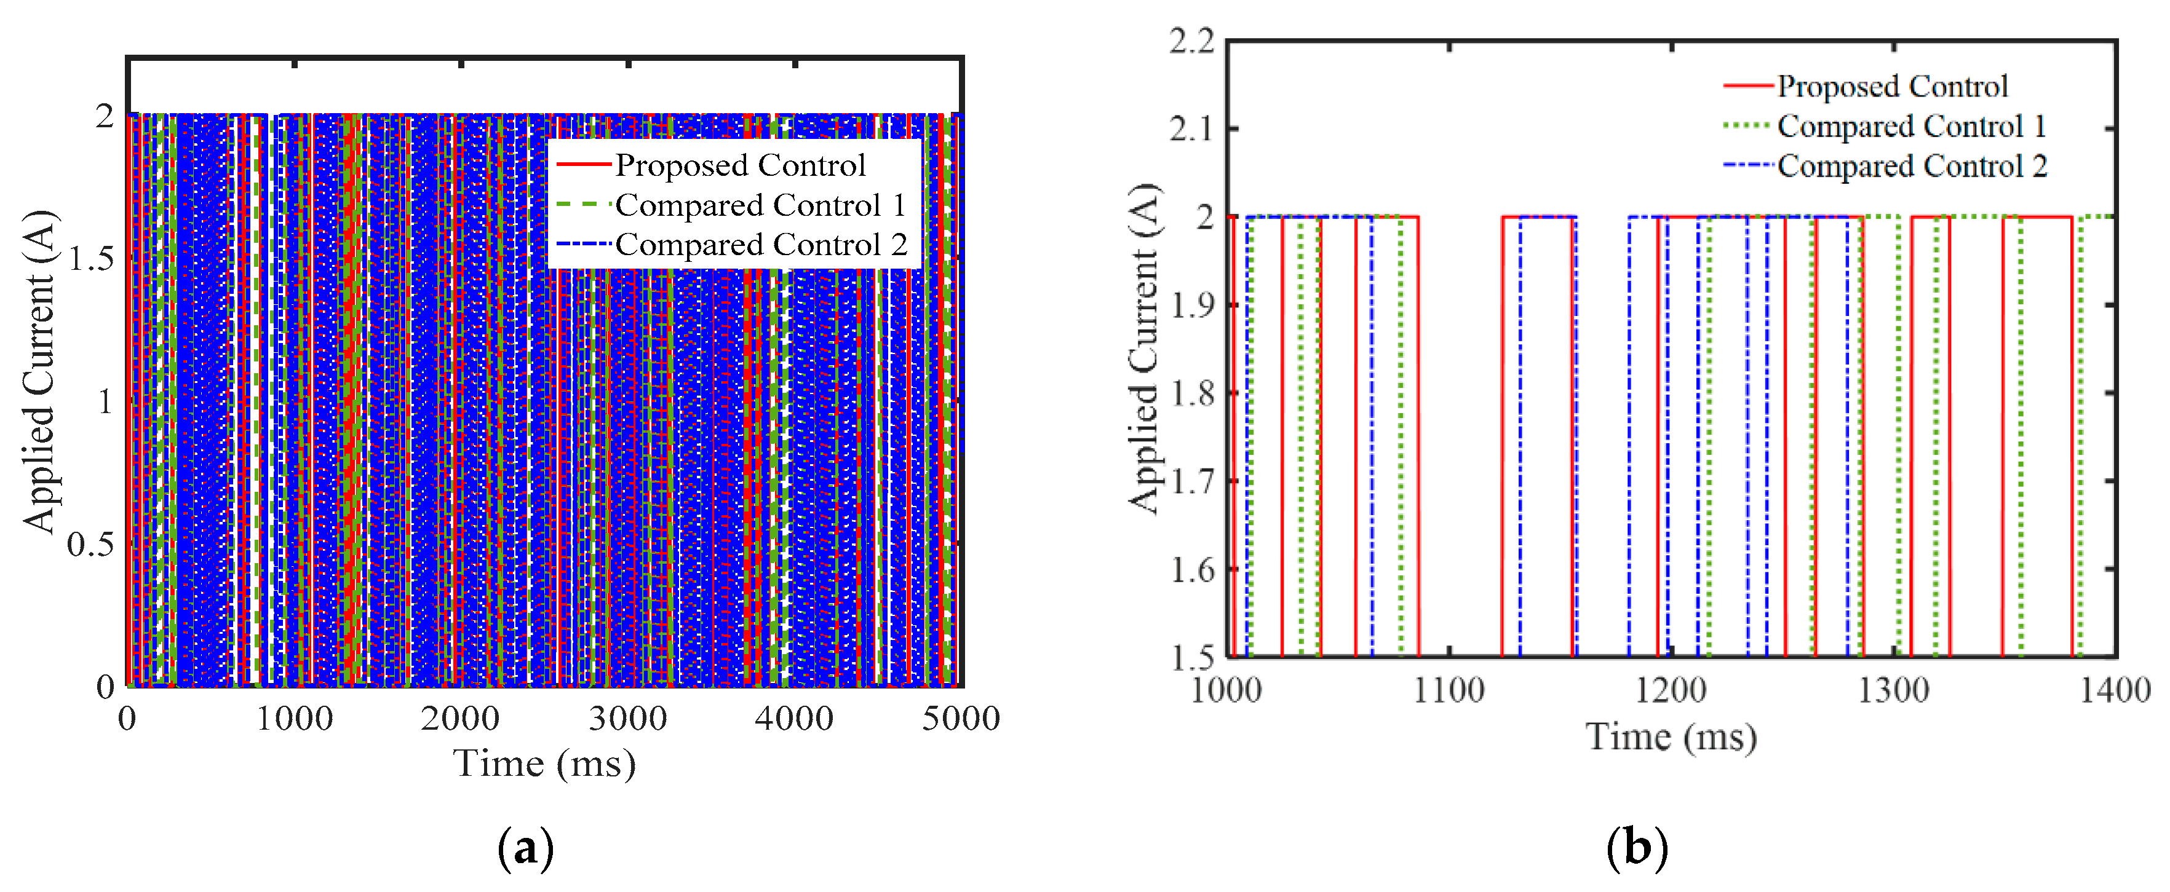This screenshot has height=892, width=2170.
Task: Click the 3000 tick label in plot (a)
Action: point(627,719)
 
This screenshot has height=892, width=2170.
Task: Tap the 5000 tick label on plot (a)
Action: point(960,719)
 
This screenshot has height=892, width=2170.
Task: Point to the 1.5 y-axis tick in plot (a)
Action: point(91,259)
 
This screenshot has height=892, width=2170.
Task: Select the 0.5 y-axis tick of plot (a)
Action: point(91,544)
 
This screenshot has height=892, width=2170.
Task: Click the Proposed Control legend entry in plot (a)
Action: point(739,165)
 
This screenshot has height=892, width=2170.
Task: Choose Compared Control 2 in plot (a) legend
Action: point(761,244)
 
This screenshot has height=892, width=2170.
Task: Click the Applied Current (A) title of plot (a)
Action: point(39,371)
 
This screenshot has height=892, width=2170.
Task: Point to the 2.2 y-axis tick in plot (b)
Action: point(1192,41)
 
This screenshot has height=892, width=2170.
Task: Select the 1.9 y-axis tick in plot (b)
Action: point(1192,305)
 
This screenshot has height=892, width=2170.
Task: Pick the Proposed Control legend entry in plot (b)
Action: point(1892,86)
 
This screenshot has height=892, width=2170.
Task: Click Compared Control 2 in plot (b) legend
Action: point(1912,166)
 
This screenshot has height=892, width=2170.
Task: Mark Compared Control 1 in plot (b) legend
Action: point(1912,127)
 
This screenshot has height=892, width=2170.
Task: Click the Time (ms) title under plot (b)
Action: point(1671,737)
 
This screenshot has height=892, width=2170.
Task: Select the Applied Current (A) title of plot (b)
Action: point(1144,347)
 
